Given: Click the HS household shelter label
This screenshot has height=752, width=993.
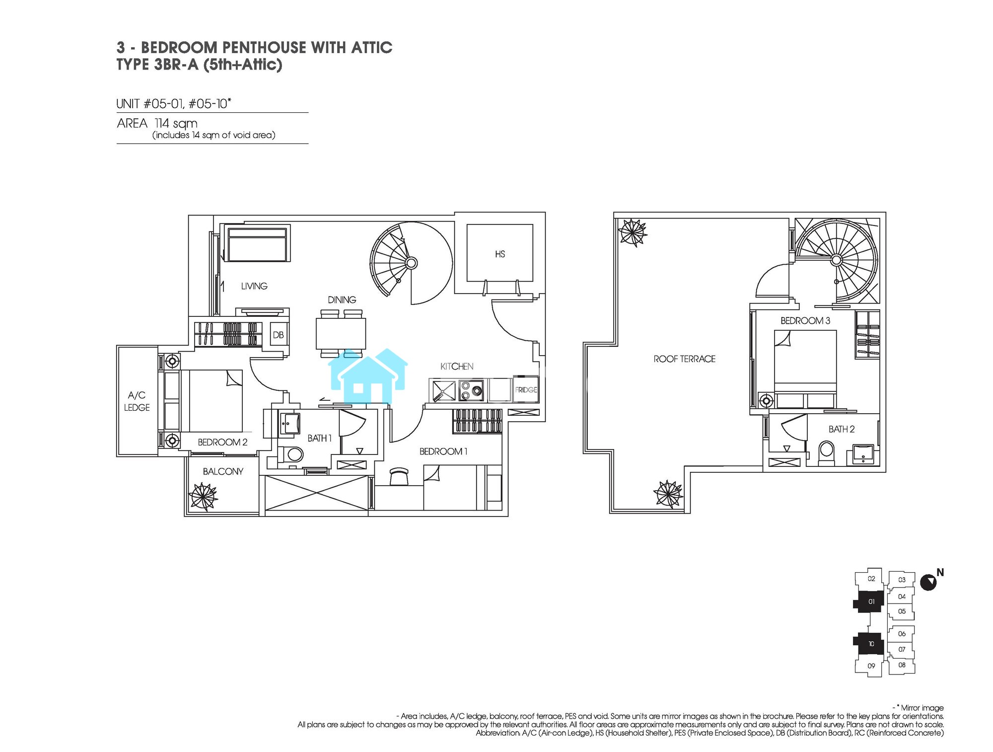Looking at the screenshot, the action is click(x=500, y=254).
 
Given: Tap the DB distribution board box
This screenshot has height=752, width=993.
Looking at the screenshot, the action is click(x=278, y=335).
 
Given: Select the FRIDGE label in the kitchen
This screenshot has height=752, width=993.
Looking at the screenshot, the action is click(x=526, y=390).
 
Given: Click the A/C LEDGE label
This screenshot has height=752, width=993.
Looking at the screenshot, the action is click(x=137, y=401).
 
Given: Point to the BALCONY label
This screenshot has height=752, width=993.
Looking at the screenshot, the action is click(x=223, y=471).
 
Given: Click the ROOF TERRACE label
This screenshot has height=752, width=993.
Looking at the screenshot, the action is click(x=684, y=359).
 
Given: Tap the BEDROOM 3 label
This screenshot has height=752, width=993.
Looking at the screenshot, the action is click(x=805, y=321).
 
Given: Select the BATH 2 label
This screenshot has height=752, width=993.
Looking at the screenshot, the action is click(x=842, y=429).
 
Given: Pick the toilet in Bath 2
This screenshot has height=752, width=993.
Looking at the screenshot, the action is click(x=827, y=453).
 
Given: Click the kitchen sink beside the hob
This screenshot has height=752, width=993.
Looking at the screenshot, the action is click(x=443, y=390).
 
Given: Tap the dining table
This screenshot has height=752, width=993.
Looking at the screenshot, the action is click(x=341, y=334).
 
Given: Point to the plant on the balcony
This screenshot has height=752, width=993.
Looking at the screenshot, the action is click(x=204, y=497).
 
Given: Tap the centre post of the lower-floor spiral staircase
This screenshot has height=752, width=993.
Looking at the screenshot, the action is click(x=411, y=263).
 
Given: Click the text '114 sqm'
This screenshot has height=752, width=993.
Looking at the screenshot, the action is click(x=176, y=123).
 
